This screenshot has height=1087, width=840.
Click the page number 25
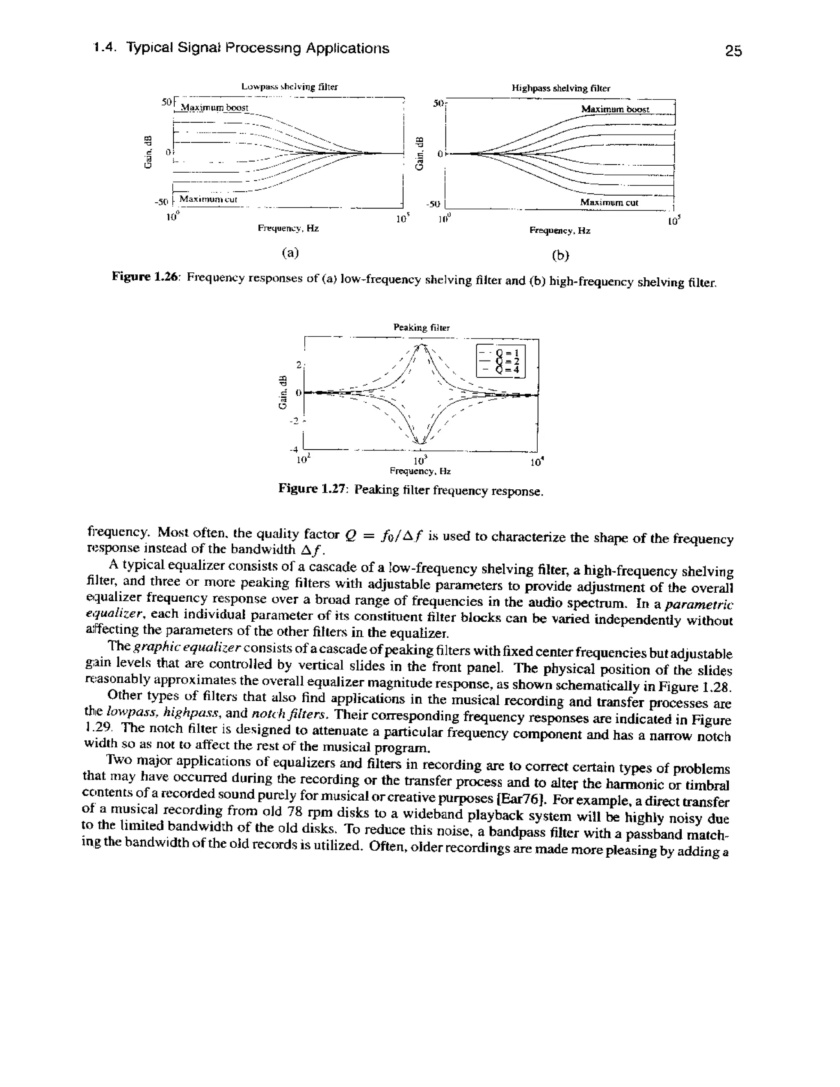tap(733, 51)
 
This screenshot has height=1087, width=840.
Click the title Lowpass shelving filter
tap(289, 87)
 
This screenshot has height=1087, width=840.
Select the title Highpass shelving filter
tap(561, 88)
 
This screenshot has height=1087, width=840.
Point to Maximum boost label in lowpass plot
tap(214, 107)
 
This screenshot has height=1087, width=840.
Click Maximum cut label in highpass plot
tap(609, 203)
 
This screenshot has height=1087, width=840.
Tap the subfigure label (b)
tap(560, 255)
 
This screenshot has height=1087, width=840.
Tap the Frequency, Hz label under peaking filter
tap(420, 470)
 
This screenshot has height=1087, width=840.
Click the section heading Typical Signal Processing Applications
tap(257, 48)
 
